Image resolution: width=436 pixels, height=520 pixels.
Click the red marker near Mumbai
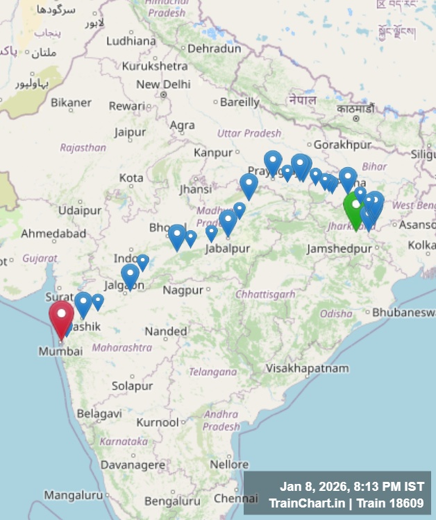[61, 316]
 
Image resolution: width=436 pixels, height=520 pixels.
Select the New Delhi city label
[163, 85]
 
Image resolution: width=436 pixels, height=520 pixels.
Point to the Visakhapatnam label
[308, 368]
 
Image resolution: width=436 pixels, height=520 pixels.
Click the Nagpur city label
[183, 290]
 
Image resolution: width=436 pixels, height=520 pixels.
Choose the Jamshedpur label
[339, 248]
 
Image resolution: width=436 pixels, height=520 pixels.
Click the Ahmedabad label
[53, 234]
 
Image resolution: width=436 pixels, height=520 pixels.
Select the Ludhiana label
[131, 41]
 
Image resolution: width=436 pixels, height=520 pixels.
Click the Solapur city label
[132, 385]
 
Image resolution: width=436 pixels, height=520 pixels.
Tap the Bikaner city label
[71, 103]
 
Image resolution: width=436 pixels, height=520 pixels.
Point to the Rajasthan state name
[83, 148]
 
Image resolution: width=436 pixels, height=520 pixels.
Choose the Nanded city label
[166, 331]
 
